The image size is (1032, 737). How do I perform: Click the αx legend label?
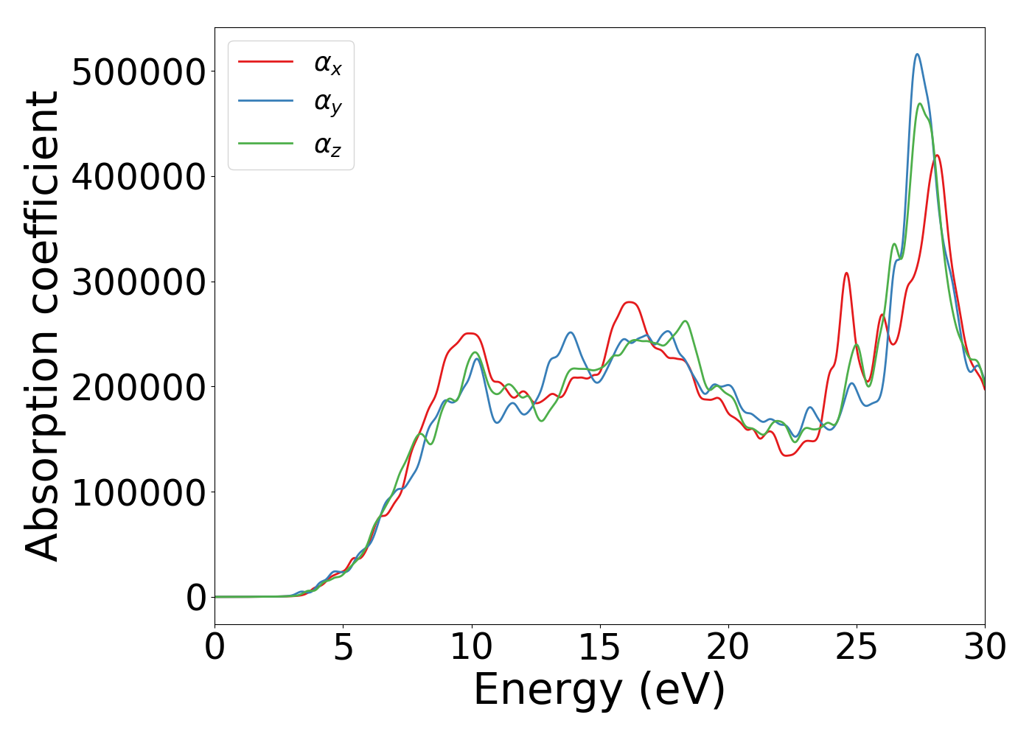pos(328,64)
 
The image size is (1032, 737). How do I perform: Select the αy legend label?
pos(328,104)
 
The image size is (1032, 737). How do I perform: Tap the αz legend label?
pos(328,145)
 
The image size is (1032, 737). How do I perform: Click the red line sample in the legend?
pos(266,62)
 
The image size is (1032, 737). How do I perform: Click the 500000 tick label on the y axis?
pos(139,71)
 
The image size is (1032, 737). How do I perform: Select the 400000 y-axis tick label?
pos(139,177)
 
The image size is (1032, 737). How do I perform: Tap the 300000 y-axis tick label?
pos(139,282)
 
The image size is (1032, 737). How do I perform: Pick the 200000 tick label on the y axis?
pos(139,387)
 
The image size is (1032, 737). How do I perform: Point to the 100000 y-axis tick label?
pos(139,492)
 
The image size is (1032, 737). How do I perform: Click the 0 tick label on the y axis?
pos(196,598)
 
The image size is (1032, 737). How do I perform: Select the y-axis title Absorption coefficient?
pos(43,326)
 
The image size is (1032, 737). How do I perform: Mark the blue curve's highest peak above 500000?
pos(917,54)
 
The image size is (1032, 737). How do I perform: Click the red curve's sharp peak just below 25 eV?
pos(847,273)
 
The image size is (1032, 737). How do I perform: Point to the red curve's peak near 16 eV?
pos(629,302)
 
